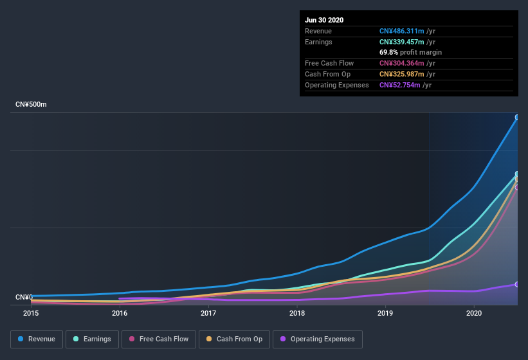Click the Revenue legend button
click(37, 339)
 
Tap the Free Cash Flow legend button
click(159, 339)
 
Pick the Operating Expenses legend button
click(317, 339)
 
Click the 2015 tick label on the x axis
click(31, 313)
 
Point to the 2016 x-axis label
click(120, 313)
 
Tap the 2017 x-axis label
click(208, 313)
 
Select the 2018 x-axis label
click(297, 313)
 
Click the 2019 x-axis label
click(385, 313)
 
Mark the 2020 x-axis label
click(474, 313)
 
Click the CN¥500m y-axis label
click(31, 104)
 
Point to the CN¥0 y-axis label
click(24, 297)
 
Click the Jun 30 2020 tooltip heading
click(324, 20)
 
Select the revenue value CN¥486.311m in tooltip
click(401, 31)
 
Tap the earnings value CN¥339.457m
click(401, 42)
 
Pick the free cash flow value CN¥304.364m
click(401, 63)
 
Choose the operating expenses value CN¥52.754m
click(399, 85)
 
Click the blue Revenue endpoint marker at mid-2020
click(517, 118)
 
